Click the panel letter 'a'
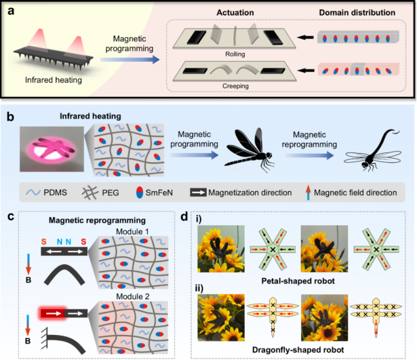coord(11,11)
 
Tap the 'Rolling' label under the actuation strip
coord(235,54)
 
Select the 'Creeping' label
coord(236,86)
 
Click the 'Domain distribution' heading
coord(357,12)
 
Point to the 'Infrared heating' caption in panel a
coord(54,80)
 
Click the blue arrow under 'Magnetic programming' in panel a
coord(130,60)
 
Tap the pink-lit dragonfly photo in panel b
coord(52,149)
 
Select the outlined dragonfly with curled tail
coord(372,151)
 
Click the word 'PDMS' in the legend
coord(56,193)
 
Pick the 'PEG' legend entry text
coord(111,193)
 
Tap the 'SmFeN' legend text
coord(159,193)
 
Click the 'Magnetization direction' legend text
coord(250,193)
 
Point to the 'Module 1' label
coord(132,232)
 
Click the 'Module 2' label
coord(133,296)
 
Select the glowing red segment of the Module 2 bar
coord(53,313)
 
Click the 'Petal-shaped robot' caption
coord(298,281)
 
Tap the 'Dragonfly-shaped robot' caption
coord(298,350)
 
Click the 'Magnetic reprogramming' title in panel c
coord(97,220)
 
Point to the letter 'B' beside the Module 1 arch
coord(28,280)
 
